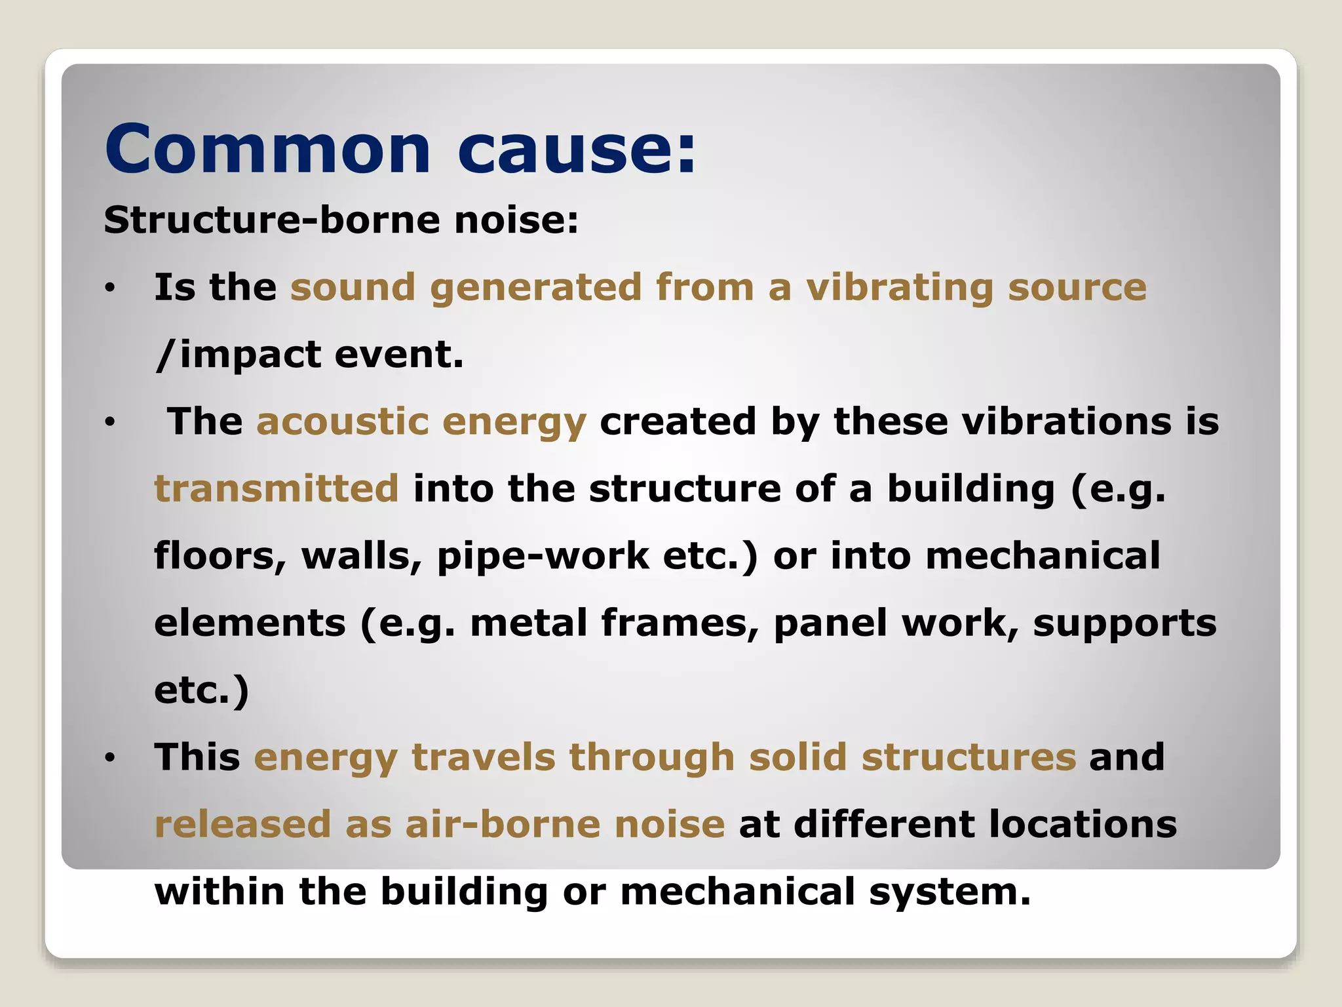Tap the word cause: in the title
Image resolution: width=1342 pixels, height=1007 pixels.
(x=577, y=149)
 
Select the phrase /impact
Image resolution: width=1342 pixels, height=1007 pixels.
(x=239, y=355)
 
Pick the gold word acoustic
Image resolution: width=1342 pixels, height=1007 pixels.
(x=342, y=422)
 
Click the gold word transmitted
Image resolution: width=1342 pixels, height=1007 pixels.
(x=276, y=489)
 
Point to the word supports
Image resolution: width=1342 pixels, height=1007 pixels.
(x=1124, y=624)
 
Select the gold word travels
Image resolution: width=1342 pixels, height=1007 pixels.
(x=483, y=757)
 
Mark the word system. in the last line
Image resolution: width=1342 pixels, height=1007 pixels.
(x=949, y=892)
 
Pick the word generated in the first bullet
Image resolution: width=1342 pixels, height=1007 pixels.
(x=535, y=288)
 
